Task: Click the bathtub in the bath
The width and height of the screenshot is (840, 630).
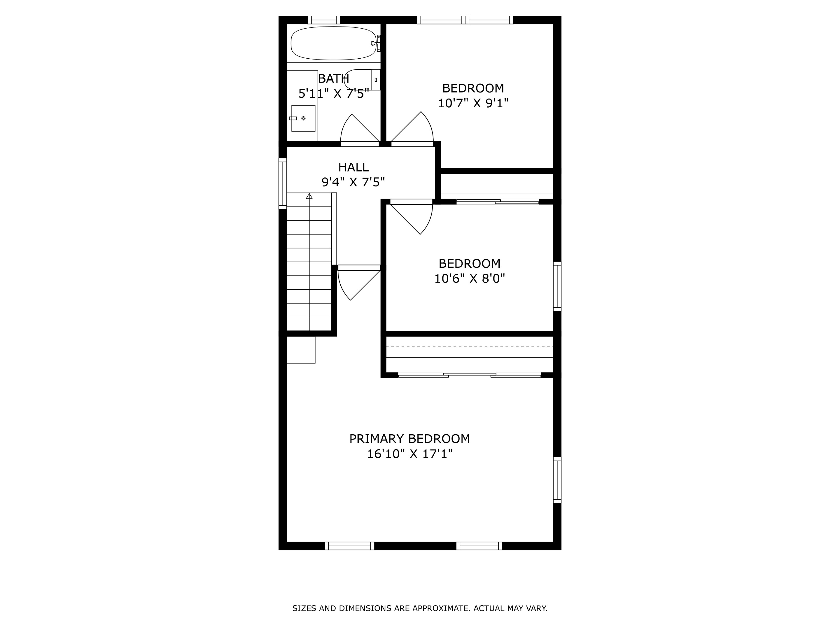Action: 333,43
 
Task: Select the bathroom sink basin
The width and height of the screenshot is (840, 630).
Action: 303,118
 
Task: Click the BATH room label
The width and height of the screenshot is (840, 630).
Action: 333,79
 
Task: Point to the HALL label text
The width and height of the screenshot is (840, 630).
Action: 353,167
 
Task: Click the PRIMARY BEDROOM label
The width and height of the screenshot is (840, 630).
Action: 409,439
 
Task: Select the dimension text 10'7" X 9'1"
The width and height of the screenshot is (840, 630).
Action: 473,103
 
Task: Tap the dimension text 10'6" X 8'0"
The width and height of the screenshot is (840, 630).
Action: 469,279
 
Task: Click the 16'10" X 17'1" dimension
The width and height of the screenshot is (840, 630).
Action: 409,454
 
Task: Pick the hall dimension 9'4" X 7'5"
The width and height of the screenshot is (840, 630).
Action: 353,182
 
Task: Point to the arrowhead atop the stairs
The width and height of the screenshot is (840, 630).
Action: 309,196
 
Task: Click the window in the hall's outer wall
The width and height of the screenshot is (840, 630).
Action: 283,183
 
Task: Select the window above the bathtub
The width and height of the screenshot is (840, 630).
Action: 323,20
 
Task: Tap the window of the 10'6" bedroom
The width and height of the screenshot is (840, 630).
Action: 557,286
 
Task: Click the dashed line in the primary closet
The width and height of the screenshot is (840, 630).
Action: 469,347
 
